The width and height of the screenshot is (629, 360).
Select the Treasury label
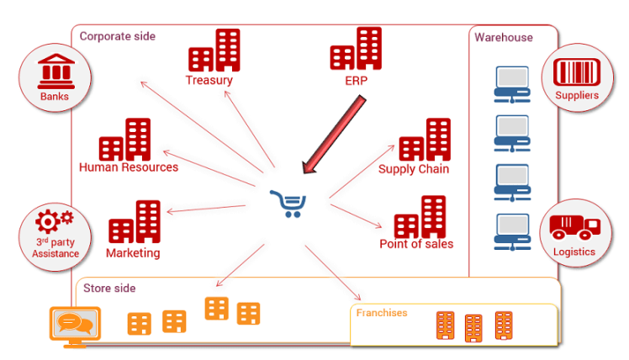(209, 81)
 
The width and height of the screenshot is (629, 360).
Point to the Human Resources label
(129, 167)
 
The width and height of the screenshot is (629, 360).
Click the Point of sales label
(416, 244)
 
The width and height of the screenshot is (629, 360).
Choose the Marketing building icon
(135, 222)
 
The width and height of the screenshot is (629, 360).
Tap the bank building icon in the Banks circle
(54, 71)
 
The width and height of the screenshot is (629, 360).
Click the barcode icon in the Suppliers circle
(577, 71)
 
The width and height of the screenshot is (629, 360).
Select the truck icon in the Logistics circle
(575, 226)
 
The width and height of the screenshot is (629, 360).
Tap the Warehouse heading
(503, 38)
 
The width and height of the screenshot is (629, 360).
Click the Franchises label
(382, 313)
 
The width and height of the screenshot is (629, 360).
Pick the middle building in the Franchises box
(474, 327)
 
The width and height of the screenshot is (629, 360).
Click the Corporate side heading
(117, 36)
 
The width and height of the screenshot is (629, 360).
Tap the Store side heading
(109, 289)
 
